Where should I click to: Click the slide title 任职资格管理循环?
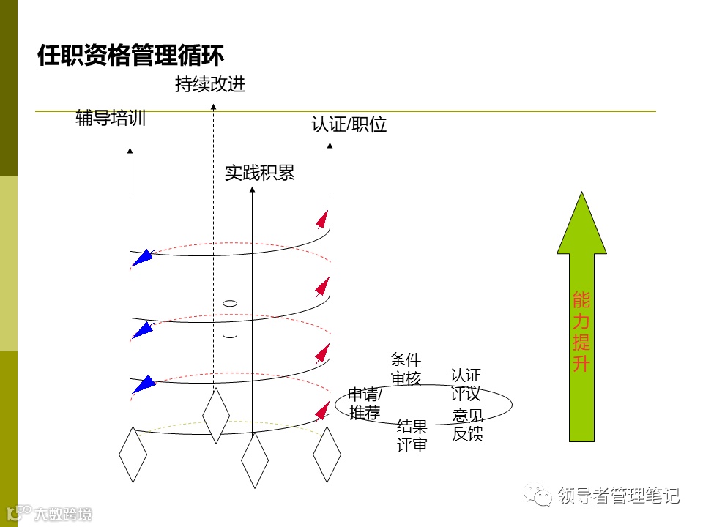click(130, 56)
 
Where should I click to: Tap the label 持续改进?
click(210, 85)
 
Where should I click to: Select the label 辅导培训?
click(111, 119)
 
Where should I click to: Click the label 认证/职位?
click(349, 124)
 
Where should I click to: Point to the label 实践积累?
click(259, 173)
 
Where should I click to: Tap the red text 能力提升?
click(581, 332)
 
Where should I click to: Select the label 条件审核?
click(406, 369)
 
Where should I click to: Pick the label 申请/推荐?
click(365, 403)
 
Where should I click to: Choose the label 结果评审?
click(412, 436)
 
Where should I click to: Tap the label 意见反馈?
click(468, 425)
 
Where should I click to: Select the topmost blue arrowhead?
click(144, 256)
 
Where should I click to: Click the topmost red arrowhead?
click(321, 218)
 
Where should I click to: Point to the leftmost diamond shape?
click(133, 455)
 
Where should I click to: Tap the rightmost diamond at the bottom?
click(327, 454)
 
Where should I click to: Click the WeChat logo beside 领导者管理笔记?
click(543, 497)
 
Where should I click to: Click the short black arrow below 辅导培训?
click(130, 173)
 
